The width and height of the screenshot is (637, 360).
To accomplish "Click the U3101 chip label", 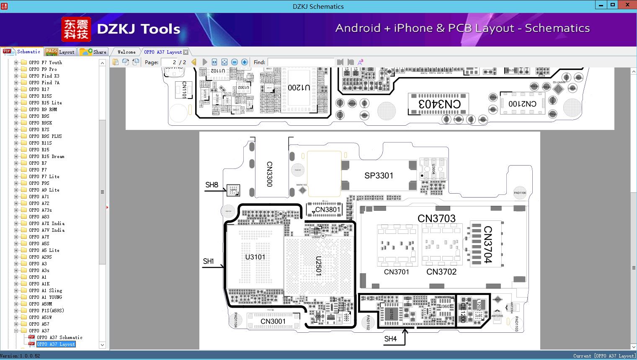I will click(x=255, y=257).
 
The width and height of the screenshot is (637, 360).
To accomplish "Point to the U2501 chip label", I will click(x=319, y=266).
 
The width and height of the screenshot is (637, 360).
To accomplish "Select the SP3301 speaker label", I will click(x=379, y=176).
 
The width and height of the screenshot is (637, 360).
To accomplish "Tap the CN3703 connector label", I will click(x=436, y=218).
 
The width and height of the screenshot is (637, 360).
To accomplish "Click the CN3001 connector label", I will click(x=273, y=321).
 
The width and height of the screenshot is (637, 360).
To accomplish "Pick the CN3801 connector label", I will click(x=328, y=210).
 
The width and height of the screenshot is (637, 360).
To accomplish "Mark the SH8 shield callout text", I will click(x=211, y=185).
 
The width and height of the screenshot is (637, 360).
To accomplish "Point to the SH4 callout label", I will click(x=390, y=339).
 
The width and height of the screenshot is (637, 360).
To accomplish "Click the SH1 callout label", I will click(x=209, y=261).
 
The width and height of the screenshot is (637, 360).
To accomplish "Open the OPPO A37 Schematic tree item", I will click(x=59, y=337).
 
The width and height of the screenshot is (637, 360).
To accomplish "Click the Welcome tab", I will click(x=126, y=52).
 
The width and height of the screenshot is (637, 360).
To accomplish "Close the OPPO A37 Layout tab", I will click(x=186, y=52).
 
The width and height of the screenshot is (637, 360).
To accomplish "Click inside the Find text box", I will click(x=301, y=62).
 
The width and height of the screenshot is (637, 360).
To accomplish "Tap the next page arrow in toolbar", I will click(x=204, y=62).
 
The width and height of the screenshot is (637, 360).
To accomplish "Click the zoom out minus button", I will click(x=235, y=62).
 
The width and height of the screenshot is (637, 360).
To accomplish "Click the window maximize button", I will click(x=613, y=5).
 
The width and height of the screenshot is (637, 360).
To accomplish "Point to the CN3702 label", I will click(x=441, y=272).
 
